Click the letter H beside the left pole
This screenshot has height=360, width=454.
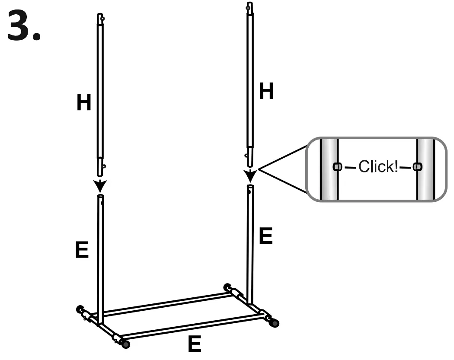83,102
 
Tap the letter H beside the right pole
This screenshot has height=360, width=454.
266,92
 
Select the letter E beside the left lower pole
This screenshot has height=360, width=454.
82,250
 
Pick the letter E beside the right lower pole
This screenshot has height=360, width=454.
265,236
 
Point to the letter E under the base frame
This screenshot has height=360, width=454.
194,344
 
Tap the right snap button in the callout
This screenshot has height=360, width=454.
417,166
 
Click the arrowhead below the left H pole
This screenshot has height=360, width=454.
100,187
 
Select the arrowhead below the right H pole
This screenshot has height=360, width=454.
250,177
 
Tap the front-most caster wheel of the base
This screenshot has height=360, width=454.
126,344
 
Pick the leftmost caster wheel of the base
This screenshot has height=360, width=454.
80,309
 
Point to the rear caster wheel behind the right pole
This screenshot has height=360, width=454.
227,287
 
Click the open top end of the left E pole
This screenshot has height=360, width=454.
100,197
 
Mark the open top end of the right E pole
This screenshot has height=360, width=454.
250,187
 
